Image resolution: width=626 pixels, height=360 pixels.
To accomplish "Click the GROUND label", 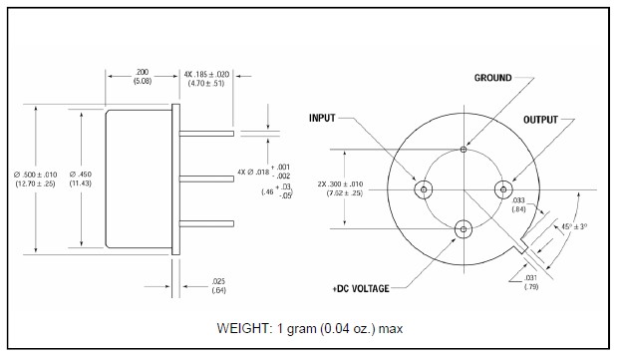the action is pyautogui.click(x=492, y=78).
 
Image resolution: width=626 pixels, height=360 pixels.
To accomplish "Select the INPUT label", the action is pyautogui.click(x=322, y=119).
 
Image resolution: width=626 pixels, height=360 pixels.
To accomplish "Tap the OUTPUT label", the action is pyautogui.click(x=540, y=120).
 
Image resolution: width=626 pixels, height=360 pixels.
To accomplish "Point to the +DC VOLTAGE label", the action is pyautogui.click(x=361, y=288).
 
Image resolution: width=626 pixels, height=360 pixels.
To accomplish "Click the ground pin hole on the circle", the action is pyautogui.click(x=464, y=150).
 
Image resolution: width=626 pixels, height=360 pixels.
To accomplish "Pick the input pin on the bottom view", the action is pyautogui.click(x=424, y=189).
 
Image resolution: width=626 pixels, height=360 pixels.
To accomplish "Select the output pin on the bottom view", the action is pyautogui.click(x=503, y=189).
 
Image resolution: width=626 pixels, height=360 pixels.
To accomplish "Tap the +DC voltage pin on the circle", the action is pyautogui.click(x=464, y=229).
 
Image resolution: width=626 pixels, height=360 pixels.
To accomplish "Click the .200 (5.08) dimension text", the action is pyautogui.click(x=143, y=77).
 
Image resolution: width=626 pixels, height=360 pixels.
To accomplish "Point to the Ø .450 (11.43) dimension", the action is pyautogui.click(x=81, y=179).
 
